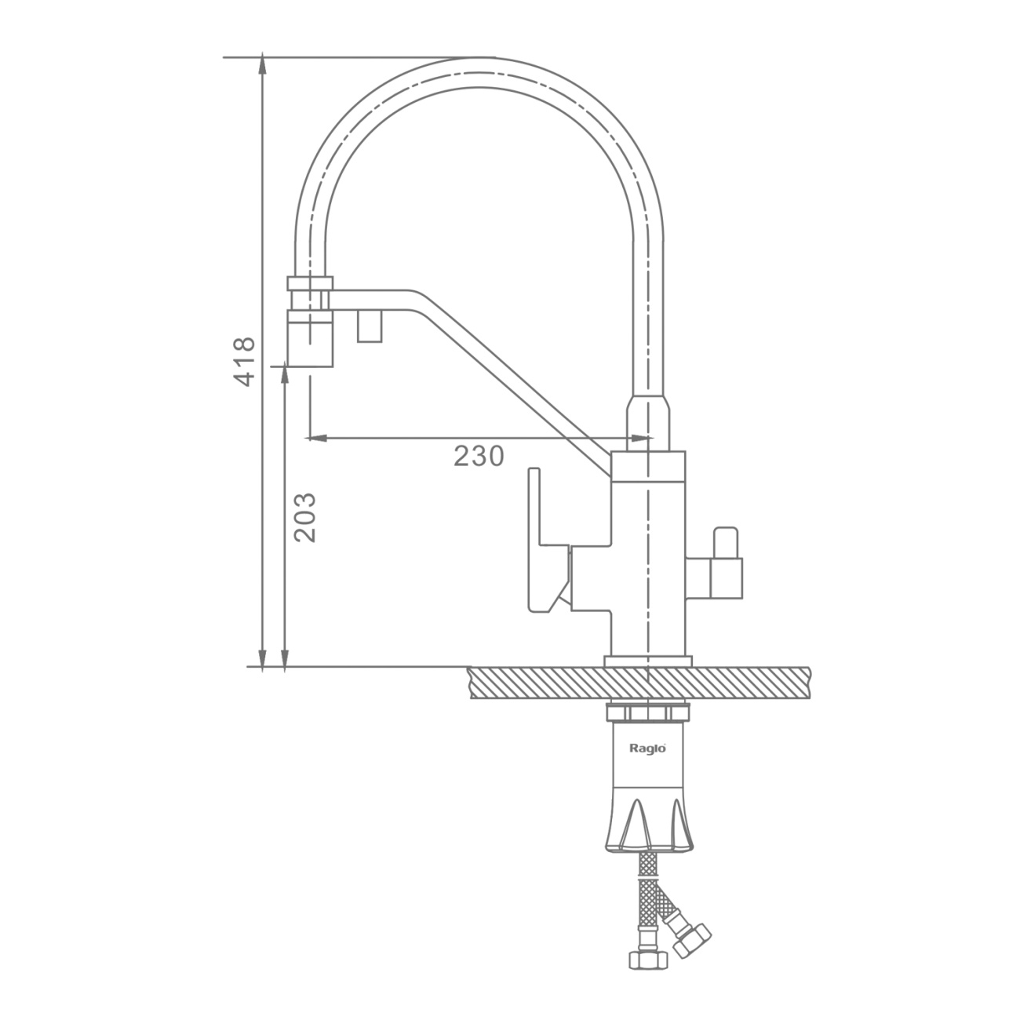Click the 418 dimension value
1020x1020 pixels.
point(245,362)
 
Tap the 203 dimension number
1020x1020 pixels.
point(305,518)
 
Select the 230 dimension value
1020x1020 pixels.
point(479,456)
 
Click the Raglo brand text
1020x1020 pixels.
point(647,748)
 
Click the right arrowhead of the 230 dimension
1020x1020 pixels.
point(639,439)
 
